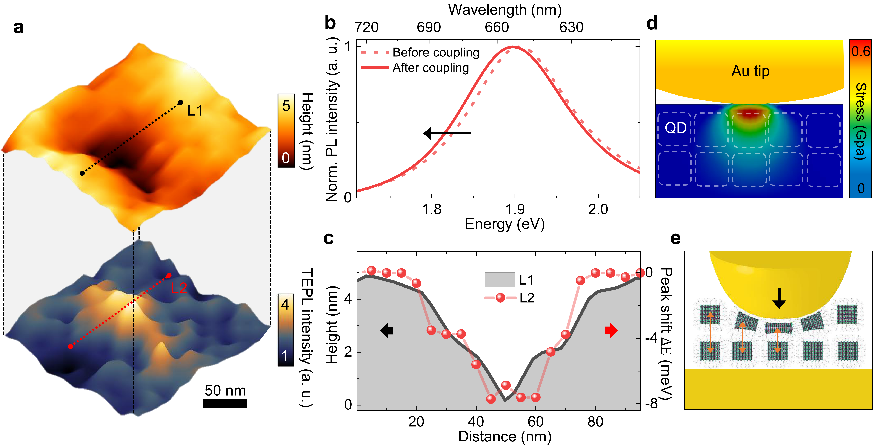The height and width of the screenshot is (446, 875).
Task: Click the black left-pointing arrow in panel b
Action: (x=447, y=133)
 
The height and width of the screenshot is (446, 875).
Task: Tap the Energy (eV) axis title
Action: (x=505, y=224)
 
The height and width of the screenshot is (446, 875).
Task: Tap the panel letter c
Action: (x=328, y=239)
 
